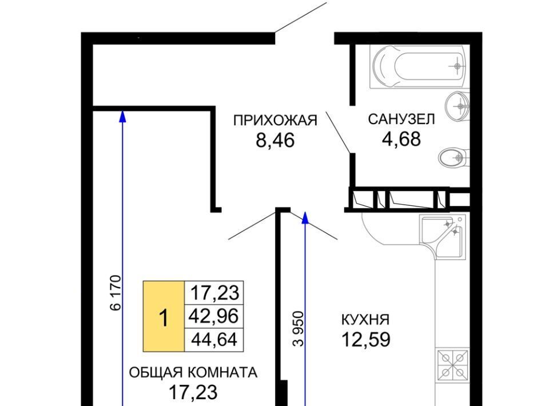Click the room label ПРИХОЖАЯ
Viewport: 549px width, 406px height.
tap(275, 121)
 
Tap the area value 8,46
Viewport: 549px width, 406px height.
tap(275, 141)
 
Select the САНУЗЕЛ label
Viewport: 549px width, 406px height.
tap(401, 120)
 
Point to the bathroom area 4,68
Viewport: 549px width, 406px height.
tap(401, 139)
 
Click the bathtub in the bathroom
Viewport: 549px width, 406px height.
tap(419, 67)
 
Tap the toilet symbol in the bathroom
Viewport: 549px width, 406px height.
tap(454, 157)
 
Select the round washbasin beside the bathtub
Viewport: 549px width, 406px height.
tap(457, 105)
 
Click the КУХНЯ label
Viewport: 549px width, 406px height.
tap(365, 320)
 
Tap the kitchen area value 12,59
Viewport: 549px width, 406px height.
tap(366, 340)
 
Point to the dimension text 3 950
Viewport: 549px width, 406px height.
tap(299, 329)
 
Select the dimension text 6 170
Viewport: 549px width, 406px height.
tap(116, 293)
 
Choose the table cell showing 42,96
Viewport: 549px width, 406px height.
tap(213, 316)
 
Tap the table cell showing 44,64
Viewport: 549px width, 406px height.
tap(213, 340)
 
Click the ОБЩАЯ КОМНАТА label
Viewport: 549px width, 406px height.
tap(193, 372)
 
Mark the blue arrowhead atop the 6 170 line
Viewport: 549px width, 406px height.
tap(122, 116)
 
